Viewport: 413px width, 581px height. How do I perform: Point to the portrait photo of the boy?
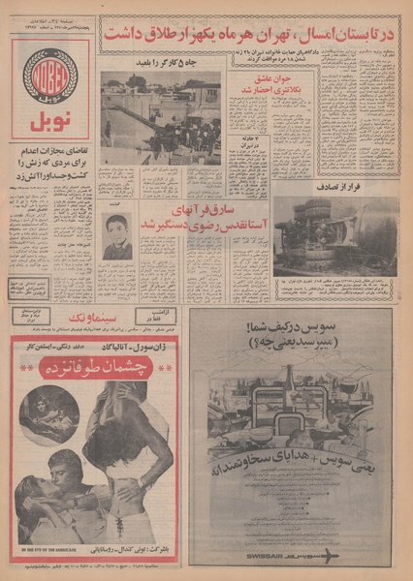point(117,236)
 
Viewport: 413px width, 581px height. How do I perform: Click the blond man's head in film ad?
point(63,472)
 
